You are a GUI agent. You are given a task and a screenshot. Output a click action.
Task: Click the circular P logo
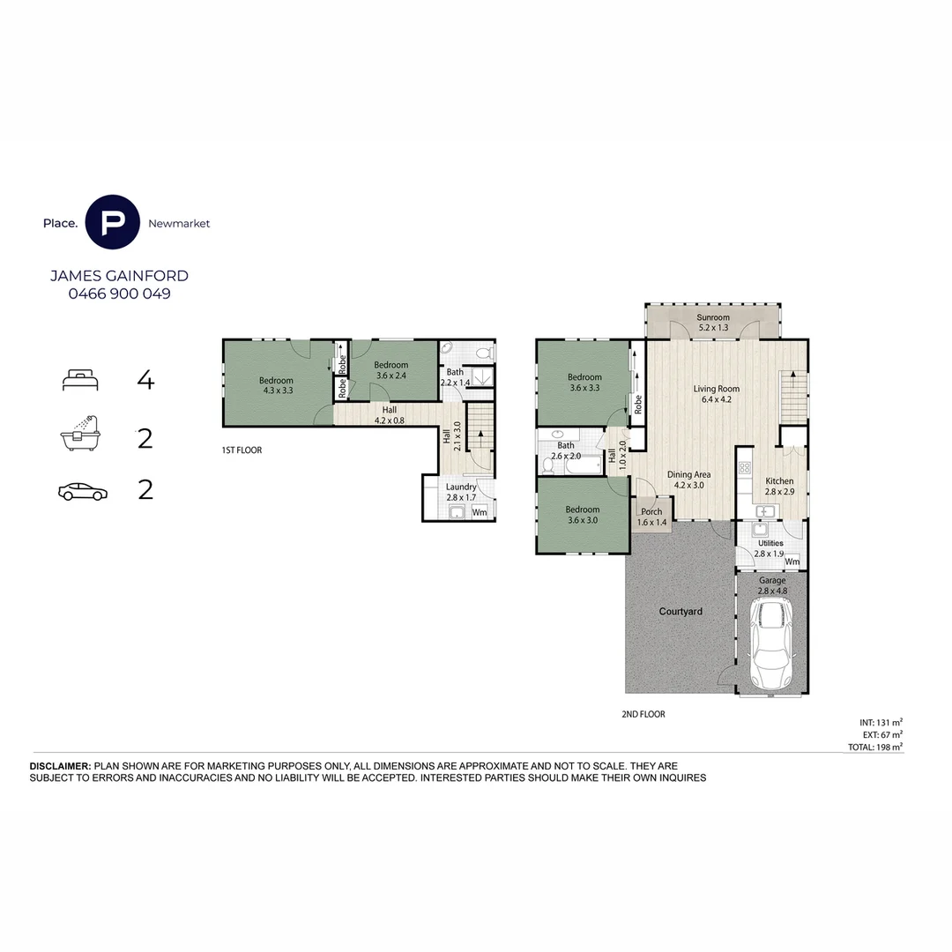click(x=112, y=222)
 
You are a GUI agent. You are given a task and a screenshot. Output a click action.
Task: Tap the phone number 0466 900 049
click(x=120, y=294)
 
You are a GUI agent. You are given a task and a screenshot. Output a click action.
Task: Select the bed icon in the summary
click(x=80, y=380)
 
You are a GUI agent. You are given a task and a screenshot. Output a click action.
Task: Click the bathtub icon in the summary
click(x=80, y=434)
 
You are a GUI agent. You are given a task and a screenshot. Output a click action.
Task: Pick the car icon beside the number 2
click(x=83, y=492)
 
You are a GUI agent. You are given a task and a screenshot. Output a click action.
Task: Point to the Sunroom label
click(x=713, y=317)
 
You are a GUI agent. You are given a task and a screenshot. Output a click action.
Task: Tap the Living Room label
click(x=717, y=389)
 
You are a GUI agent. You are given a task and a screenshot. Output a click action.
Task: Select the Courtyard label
click(x=681, y=612)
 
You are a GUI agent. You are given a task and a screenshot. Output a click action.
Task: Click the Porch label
click(x=651, y=512)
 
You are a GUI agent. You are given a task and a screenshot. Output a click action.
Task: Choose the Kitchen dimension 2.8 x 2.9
click(x=779, y=492)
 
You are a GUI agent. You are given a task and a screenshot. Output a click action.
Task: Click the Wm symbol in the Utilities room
click(x=792, y=562)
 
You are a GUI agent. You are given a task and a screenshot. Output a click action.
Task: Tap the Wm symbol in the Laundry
click(x=480, y=512)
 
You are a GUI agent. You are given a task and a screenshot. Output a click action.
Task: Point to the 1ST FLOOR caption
click(x=242, y=450)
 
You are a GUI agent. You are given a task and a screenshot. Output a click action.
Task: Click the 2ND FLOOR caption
click(x=643, y=714)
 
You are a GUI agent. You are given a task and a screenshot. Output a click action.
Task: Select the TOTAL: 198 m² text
click(x=875, y=747)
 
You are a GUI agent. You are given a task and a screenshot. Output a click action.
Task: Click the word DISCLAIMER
click(x=60, y=766)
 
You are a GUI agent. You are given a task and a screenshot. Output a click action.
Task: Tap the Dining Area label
click(x=688, y=475)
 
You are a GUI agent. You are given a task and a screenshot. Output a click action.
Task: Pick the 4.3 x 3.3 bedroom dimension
click(x=278, y=390)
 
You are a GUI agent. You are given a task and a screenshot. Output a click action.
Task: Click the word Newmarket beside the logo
click(x=179, y=223)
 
